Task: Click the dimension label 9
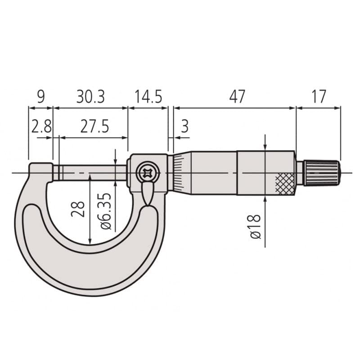pyautogui.click(x=40, y=97)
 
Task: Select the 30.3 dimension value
pyautogui.click(x=90, y=97)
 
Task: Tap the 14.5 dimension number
pyautogui.click(x=148, y=97)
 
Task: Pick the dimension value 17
pyautogui.click(x=318, y=97)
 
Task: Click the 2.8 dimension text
pyautogui.click(x=41, y=126)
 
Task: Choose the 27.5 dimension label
pyautogui.click(x=94, y=126)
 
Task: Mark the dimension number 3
pyautogui.click(x=184, y=126)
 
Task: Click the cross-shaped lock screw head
pyautogui.click(x=146, y=172)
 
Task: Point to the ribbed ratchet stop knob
pyautogui.click(x=321, y=173)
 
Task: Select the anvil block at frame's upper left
pyautogui.click(x=40, y=171)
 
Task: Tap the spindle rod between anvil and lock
pyautogui.click(x=90, y=172)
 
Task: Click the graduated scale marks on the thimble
pyautogui.click(x=178, y=173)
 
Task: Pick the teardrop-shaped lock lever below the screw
pyautogui.click(x=147, y=193)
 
